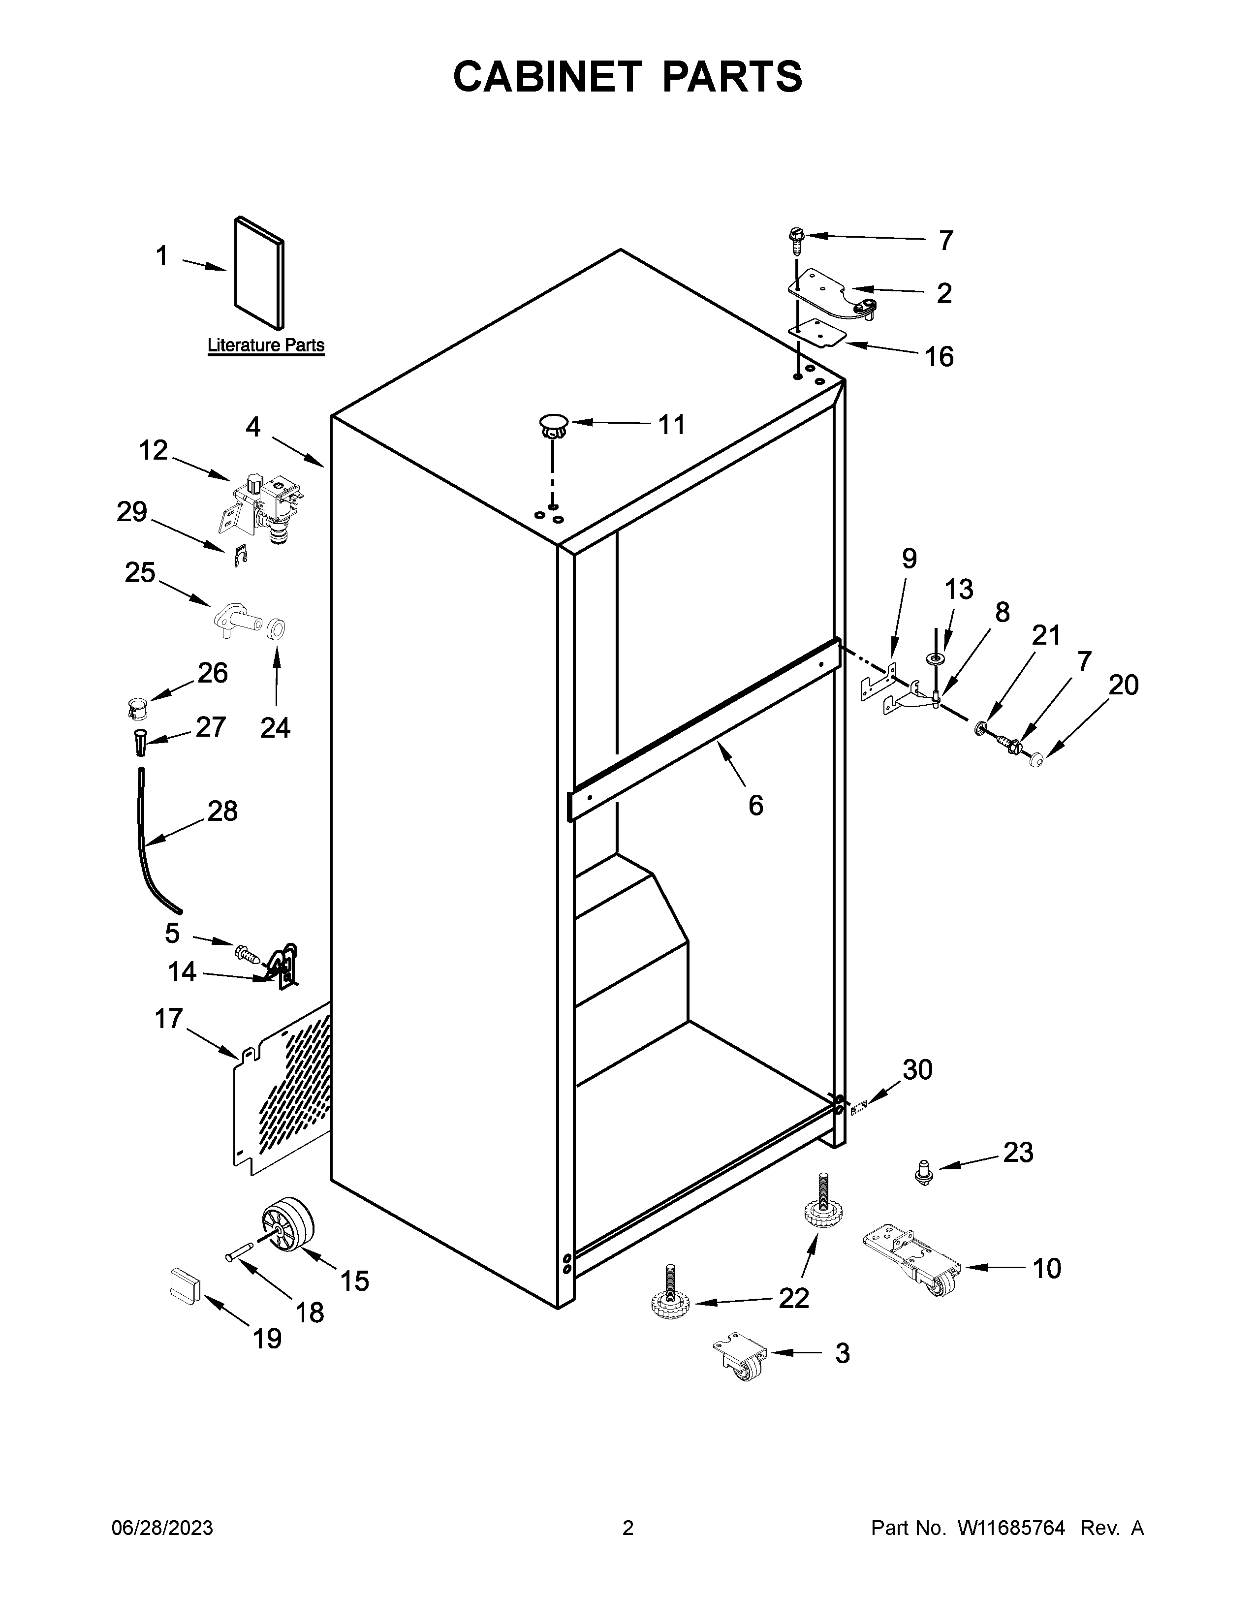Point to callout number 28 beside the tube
click(x=222, y=811)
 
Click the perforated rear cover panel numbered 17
click(x=282, y=1085)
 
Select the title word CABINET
click(x=546, y=77)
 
